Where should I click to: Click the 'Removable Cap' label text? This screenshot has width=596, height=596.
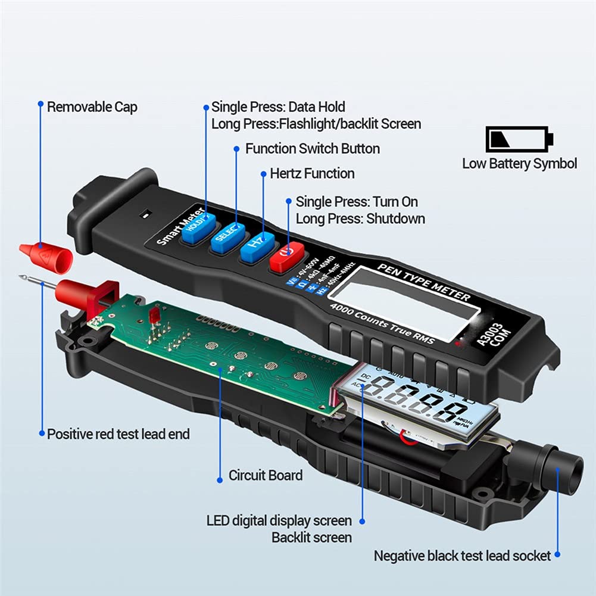pos(92,107)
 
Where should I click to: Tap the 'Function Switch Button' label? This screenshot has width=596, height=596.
pos(312,148)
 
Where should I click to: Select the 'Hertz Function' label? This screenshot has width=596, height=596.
pos(312,173)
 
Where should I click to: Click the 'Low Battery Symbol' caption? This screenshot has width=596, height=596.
pos(519,163)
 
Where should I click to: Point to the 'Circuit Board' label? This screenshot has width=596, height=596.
pos(266,475)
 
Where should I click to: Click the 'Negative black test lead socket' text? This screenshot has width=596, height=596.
pos(462,556)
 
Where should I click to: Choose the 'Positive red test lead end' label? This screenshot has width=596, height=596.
pos(118,434)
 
